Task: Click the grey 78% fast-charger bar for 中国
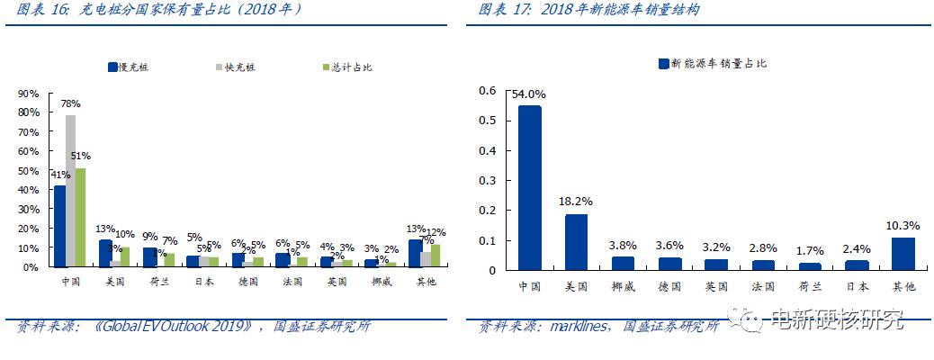pos(70,191)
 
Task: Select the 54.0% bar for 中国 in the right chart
pos(530,188)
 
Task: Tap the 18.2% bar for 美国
pos(577,242)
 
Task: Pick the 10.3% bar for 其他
pos(903,254)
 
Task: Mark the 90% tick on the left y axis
pos(28,94)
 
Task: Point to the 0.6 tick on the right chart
pos(488,91)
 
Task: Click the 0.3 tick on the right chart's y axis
pos(488,181)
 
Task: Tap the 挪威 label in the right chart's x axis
pos(624,286)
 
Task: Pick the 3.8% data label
pos(624,244)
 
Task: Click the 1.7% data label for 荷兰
pos(810,250)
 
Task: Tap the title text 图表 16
pos(35,10)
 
